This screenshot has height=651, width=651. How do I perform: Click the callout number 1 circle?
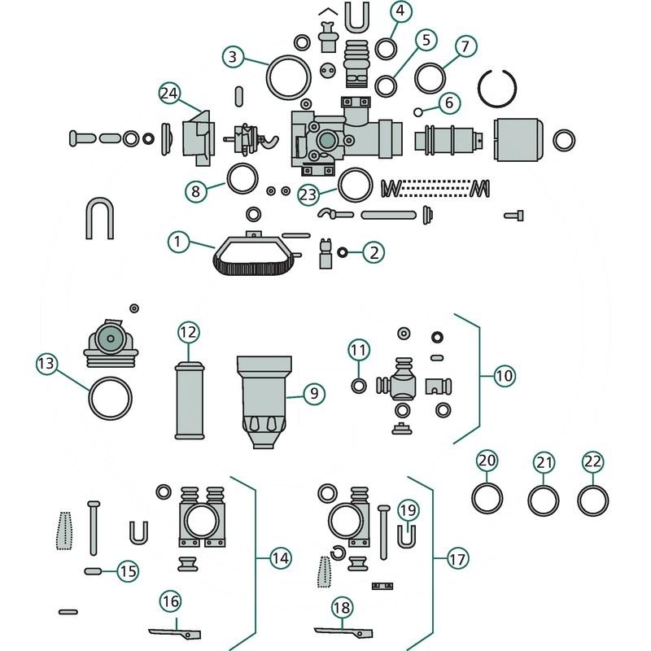(x=180, y=242)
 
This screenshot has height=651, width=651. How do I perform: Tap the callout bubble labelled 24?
(x=169, y=94)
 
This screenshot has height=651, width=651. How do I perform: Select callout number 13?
(x=47, y=363)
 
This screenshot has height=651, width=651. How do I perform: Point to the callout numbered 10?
(x=505, y=376)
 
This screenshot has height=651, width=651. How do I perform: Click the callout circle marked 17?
(x=458, y=559)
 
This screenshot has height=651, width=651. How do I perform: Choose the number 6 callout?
(x=448, y=103)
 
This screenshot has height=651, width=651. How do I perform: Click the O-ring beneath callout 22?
(x=592, y=499)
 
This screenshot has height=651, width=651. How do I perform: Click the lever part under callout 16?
(x=175, y=631)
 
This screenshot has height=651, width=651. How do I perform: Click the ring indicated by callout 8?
(x=242, y=179)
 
